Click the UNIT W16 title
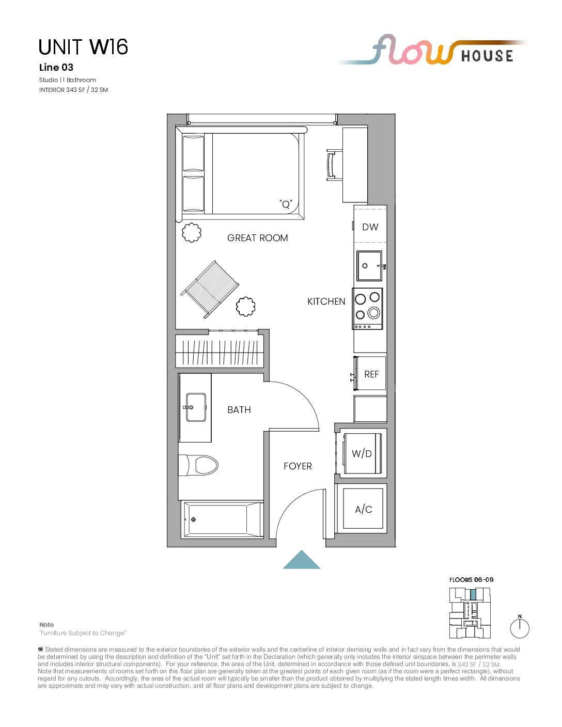[83, 47]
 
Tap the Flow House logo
[432, 51]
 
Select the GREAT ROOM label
[257, 238]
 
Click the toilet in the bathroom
[198, 465]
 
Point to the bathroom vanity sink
[196, 407]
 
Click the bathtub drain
[193, 519]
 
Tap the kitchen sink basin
[369, 265]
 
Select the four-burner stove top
[367, 308]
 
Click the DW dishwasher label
[370, 227]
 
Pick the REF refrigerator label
[371, 374]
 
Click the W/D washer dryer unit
[363, 453]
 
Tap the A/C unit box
[363, 509]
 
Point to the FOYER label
[298, 466]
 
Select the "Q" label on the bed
[286, 204]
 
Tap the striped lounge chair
[210, 289]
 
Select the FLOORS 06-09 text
[471, 580]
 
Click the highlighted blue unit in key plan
[473, 595]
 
